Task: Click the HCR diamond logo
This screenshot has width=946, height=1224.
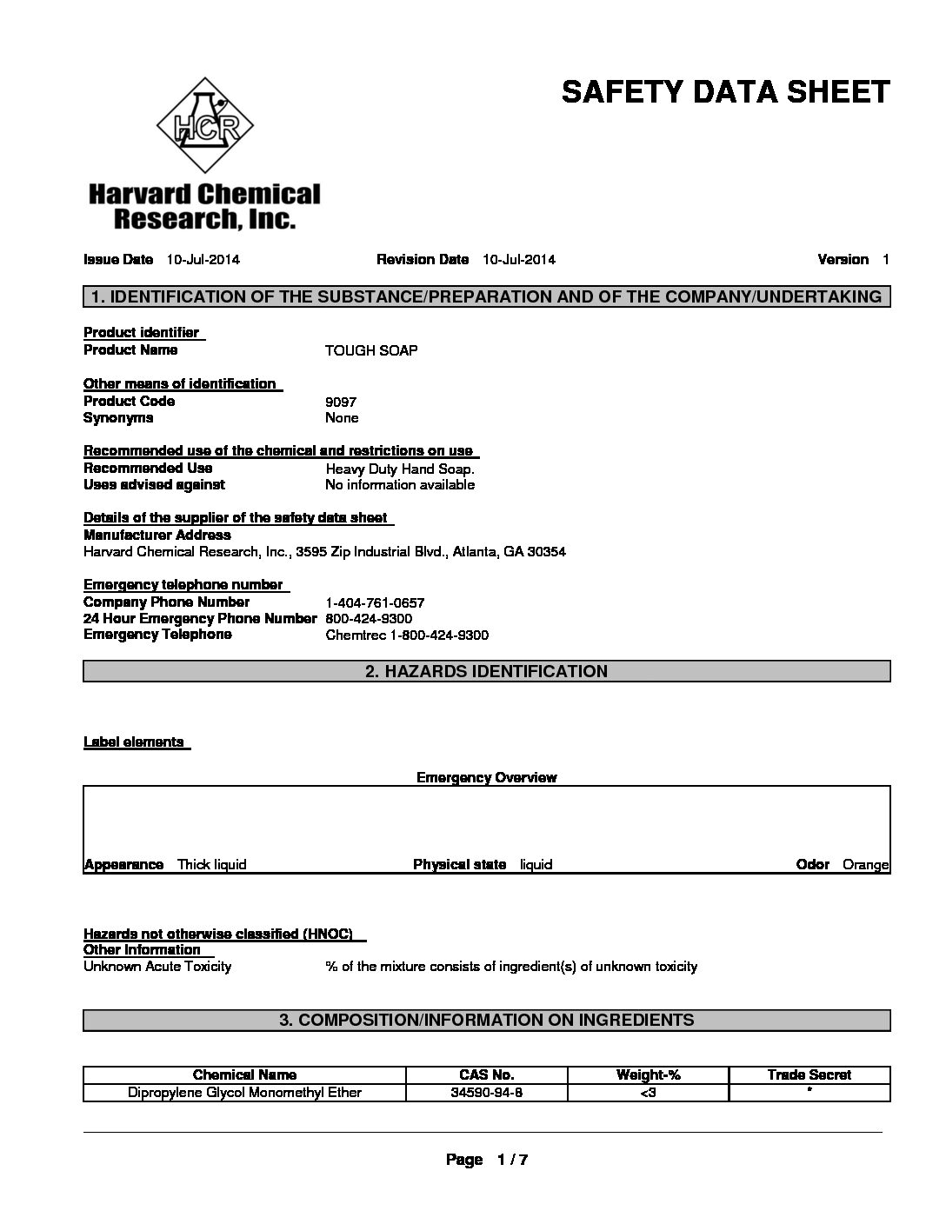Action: (x=205, y=126)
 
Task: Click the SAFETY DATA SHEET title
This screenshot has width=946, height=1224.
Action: (x=725, y=91)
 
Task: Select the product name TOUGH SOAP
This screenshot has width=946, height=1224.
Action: (x=371, y=350)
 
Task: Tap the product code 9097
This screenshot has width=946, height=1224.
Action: (x=341, y=402)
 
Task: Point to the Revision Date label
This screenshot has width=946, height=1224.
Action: (x=423, y=259)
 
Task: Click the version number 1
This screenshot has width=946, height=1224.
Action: (x=885, y=259)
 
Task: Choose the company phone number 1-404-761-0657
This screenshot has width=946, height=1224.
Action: (x=375, y=602)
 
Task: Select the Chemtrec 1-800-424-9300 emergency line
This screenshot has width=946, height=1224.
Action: (x=407, y=635)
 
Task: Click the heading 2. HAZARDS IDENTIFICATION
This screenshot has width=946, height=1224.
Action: (x=486, y=671)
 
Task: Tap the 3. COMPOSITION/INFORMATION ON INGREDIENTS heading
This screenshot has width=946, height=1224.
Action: (x=486, y=1020)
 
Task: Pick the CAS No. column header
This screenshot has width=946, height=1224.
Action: (x=486, y=1075)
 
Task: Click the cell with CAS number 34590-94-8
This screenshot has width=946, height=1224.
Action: (x=486, y=1093)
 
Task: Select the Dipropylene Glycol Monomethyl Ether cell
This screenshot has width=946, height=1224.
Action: (x=244, y=1093)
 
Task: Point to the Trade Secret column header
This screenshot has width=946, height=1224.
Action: (x=809, y=1075)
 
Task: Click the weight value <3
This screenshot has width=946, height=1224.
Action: (x=647, y=1093)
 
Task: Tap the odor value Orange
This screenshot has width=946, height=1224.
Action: (x=865, y=865)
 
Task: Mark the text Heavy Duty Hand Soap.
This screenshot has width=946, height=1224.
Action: (x=400, y=469)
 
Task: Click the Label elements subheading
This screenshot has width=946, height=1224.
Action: (x=134, y=742)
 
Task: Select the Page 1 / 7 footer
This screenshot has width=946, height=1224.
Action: (x=487, y=1160)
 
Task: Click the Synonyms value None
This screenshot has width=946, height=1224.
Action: (x=342, y=418)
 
